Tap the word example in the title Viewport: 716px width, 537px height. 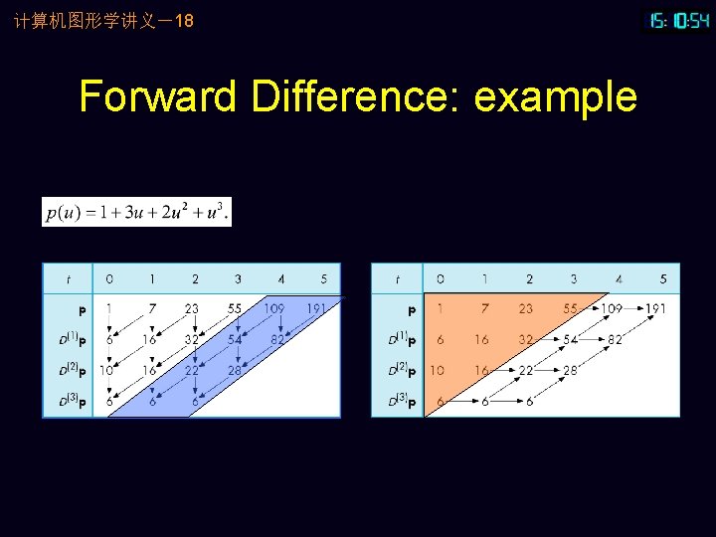click(x=555, y=97)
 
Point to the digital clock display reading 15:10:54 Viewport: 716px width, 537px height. click(x=679, y=20)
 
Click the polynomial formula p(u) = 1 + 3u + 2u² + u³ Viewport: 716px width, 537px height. click(x=136, y=212)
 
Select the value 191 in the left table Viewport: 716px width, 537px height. click(x=315, y=309)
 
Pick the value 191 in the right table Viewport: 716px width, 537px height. click(x=655, y=309)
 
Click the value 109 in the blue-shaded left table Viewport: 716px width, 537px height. click(x=273, y=309)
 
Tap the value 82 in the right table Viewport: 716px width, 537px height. click(x=616, y=339)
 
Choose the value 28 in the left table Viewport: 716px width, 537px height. click(x=235, y=370)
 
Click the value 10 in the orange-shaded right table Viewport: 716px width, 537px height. click(x=438, y=370)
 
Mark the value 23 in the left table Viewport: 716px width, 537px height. click(x=192, y=309)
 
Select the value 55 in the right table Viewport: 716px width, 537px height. click(x=570, y=309)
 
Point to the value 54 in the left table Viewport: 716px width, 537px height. click(x=235, y=339)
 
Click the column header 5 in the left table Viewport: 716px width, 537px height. click(x=323, y=279)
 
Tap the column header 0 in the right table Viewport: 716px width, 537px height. click(x=441, y=279)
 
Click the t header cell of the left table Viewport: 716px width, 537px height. click(x=68, y=279)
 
